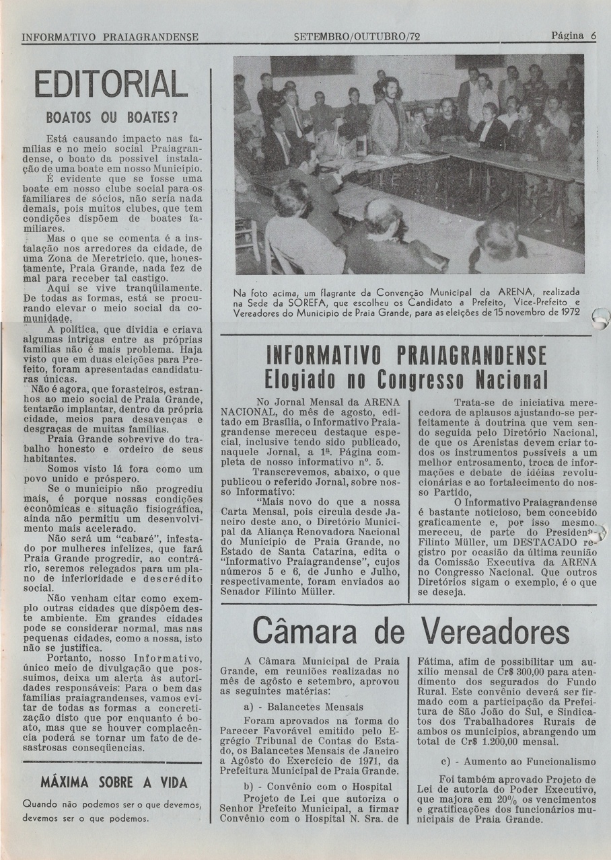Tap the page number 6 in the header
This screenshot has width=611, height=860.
594,36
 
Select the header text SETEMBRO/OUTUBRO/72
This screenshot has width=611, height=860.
357,36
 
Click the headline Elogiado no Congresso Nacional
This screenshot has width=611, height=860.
406,379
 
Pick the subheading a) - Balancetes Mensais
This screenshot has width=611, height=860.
303,707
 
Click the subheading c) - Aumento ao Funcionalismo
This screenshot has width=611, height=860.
518,762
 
